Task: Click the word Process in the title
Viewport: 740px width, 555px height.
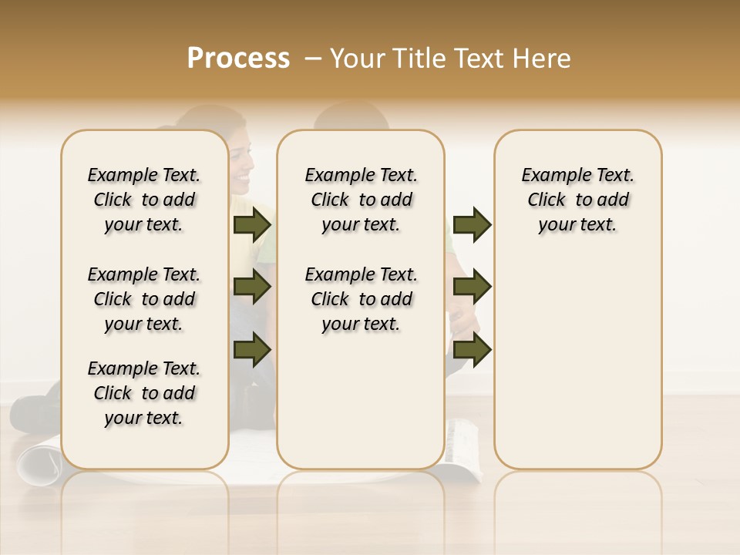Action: [x=238, y=59]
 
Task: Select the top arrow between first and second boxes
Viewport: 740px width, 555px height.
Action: [x=252, y=224]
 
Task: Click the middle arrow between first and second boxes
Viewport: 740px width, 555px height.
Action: [x=252, y=287]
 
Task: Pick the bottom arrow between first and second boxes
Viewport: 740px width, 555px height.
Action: [x=252, y=349]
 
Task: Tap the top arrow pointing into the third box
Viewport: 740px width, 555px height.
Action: [x=472, y=224]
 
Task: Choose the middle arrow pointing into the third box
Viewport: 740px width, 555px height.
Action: [x=472, y=287]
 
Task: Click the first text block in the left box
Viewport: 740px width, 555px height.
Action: [x=144, y=200]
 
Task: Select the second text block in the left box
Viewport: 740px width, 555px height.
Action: [x=144, y=299]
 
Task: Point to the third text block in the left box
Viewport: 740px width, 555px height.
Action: [x=144, y=393]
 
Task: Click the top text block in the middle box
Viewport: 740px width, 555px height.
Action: [x=361, y=200]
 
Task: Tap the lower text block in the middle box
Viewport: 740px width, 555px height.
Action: [x=361, y=299]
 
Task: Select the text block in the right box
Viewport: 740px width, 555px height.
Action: [x=577, y=200]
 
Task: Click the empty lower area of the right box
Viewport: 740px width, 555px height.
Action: [x=577, y=362]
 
